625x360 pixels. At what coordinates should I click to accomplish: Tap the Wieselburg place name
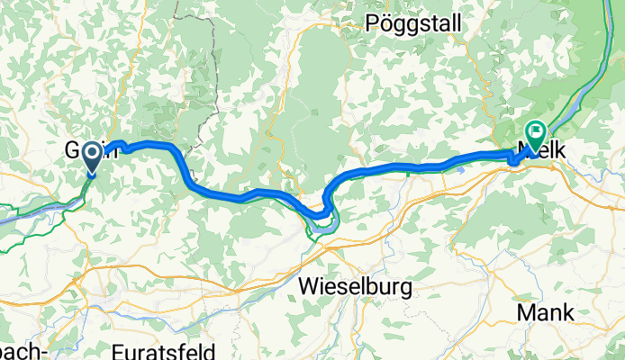tap(354, 287)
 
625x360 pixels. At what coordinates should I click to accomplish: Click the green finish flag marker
tap(535, 137)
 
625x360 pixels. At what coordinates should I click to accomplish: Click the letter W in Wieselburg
tap(307, 287)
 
